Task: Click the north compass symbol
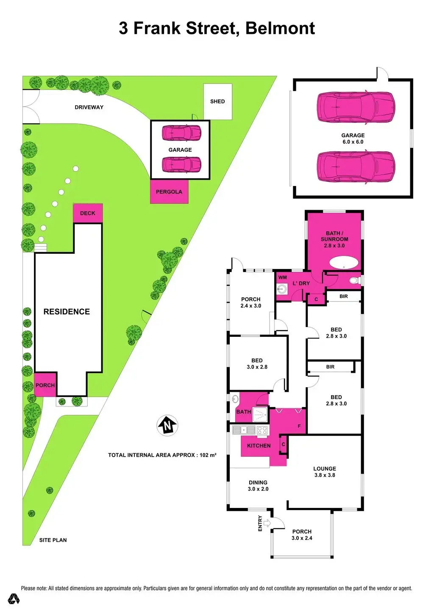tap(168, 425)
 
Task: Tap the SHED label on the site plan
tap(217, 102)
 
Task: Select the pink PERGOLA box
tap(169, 192)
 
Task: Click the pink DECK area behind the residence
tap(88, 213)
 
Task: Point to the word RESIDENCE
tap(67, 312)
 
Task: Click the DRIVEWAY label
tap(89, 107)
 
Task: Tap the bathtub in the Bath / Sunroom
tap(344, 263)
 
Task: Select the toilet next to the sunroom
tap(354, 280)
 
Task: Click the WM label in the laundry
tap(283, 277)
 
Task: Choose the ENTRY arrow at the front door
tap(267, 523)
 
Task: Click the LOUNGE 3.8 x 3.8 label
tap(325, 472)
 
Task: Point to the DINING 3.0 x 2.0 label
tap(258, 486)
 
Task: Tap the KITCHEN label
tap(259, 446)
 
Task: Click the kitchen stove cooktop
tap(262, 430)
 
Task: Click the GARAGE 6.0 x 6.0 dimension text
tap(353, 142)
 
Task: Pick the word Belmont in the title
tap(280, 28)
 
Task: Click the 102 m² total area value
tap(208, 455)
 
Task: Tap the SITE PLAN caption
tap(53, 540)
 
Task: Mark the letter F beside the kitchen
tap(299, 426)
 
